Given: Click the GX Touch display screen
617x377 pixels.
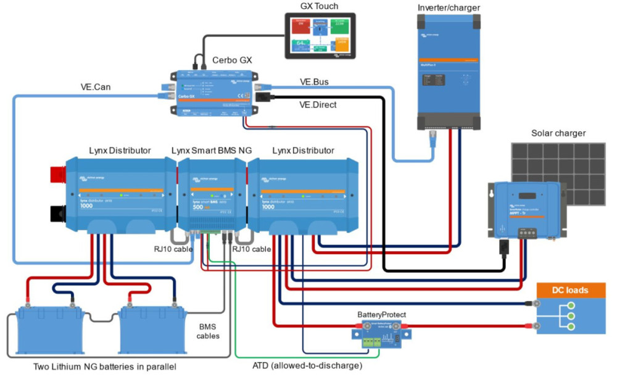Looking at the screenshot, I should [x=321, y=36].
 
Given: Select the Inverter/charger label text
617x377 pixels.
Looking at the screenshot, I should [x=449, y=7].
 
